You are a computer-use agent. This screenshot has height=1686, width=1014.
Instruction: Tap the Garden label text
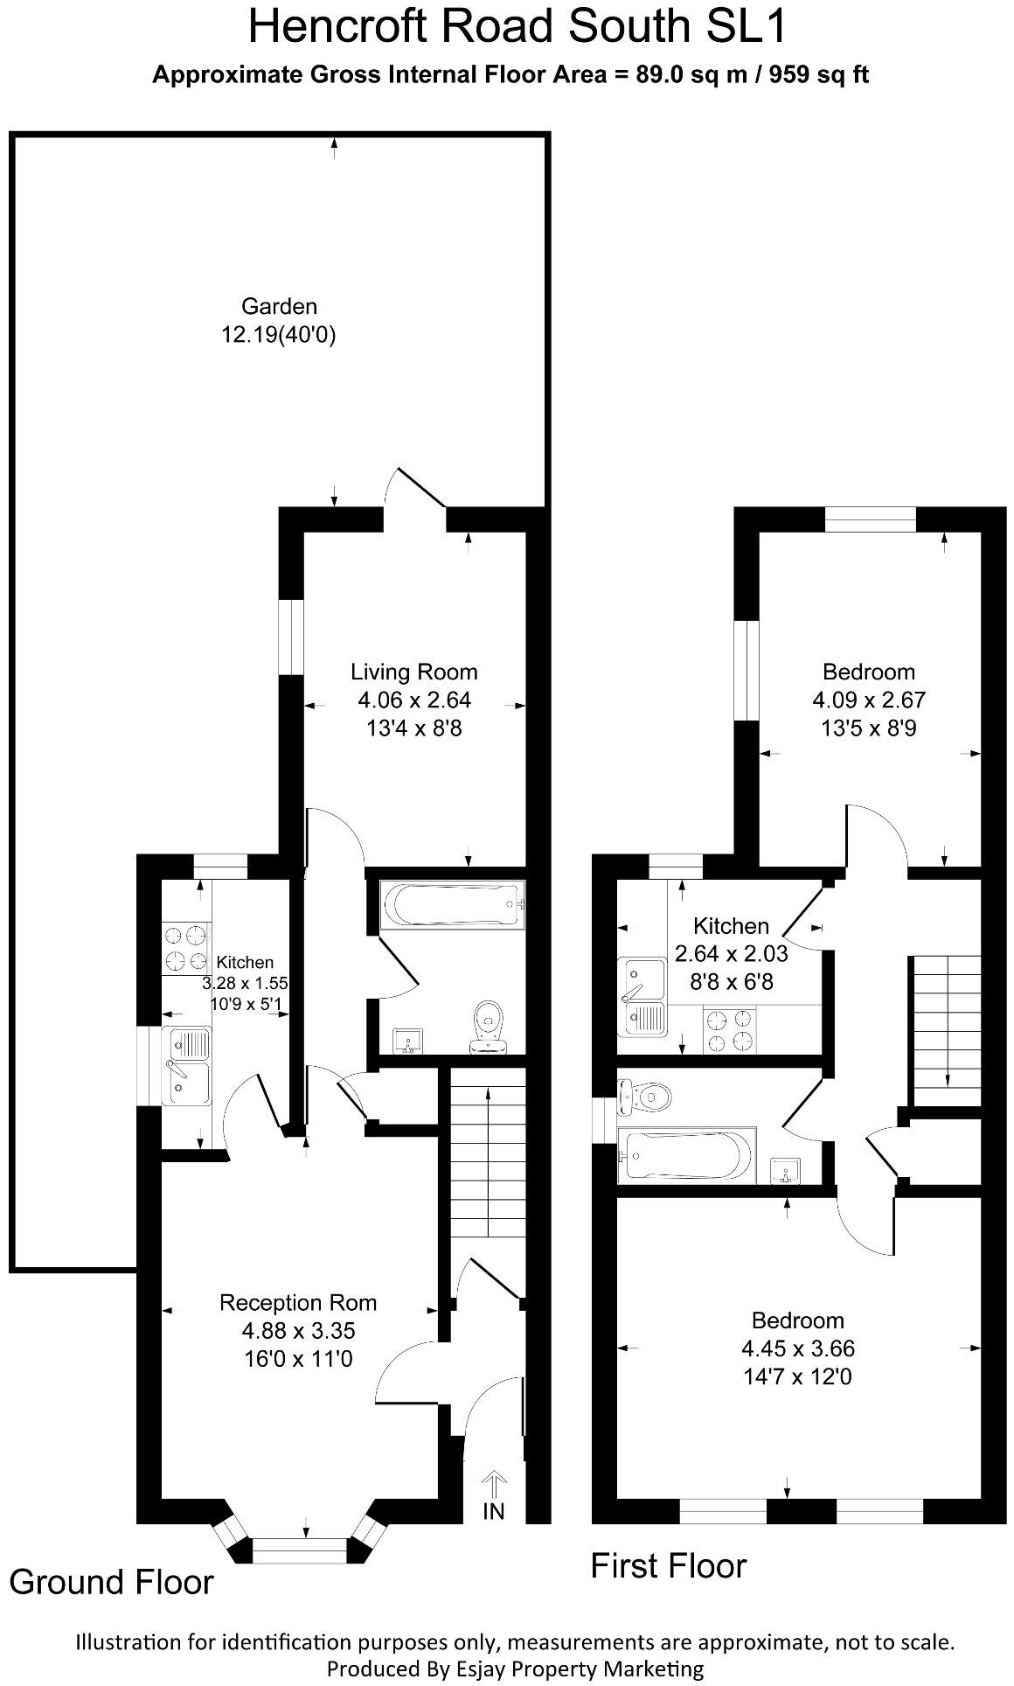pos(279,306)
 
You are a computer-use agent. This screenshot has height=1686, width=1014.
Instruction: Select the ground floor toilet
pos(488,1027)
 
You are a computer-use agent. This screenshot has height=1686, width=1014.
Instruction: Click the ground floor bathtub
pos(452,904)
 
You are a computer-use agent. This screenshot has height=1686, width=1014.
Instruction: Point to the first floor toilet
pos(644,1097)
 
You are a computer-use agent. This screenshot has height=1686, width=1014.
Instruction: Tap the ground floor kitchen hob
pos(185,949)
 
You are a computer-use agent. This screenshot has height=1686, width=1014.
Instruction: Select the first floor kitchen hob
pos(729,1029)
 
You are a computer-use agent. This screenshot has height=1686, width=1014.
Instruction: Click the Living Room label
pos(413,672)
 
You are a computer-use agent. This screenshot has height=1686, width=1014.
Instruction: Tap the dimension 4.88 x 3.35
pos(298,1330)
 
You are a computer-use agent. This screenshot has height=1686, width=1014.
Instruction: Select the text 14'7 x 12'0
pos(798,1376)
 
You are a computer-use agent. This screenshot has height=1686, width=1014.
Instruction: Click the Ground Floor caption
pos(111,1581)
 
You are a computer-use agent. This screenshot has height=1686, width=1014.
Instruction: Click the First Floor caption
pos(668,1564)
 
